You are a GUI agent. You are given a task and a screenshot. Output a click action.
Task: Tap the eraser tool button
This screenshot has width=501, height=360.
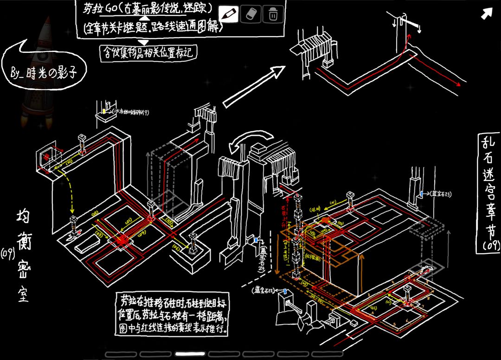click(x=251, y=14)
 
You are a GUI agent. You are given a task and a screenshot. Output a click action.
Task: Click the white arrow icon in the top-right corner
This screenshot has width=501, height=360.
click(x=486, y=14)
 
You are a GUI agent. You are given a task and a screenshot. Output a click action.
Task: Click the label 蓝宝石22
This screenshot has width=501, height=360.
click(x=264, y=290)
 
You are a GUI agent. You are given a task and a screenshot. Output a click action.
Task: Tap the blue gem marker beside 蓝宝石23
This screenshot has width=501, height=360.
click(x=421, y=193)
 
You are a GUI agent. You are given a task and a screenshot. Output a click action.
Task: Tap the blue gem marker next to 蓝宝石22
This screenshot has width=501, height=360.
click(x=285, y=291)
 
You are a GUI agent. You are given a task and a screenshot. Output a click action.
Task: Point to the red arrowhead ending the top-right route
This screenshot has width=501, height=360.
click(x=458, y=85)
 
